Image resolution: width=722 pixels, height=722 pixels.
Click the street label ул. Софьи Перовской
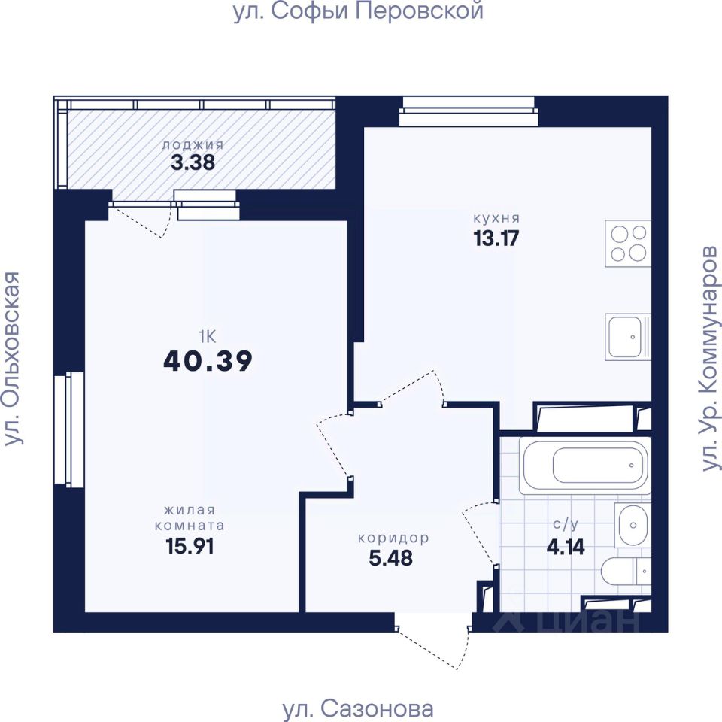[x=358, y=11]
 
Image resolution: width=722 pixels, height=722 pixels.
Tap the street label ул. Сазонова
[x=358, y=709]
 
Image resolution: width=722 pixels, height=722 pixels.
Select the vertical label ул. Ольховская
[x=13, y=358]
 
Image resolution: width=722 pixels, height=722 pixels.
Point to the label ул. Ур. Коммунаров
[x=709, y=358]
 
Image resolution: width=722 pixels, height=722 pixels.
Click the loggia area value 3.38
[x=193, y=162]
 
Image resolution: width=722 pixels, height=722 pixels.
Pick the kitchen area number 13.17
[x=496, y=238]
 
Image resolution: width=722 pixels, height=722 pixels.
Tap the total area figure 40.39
[x=208, y=361]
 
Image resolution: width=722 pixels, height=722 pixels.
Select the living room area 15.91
[x=190, y=546]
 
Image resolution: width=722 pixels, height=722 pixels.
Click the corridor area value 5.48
[x=391, y=558]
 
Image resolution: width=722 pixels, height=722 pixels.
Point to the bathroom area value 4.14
[x=566, y=547]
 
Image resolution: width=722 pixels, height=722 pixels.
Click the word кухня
[x=496, y=218]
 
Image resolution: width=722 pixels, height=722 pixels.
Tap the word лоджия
[x=193, y=144]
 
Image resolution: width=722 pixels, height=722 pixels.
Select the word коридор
[x=393, y=538]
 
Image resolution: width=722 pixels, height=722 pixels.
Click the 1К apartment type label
[x=208, y=337]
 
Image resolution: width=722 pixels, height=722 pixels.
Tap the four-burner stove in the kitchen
[x=627, y=243]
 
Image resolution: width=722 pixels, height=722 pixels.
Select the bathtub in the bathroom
[x=585, y=465]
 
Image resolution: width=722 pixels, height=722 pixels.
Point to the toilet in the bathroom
[x=626, y=572]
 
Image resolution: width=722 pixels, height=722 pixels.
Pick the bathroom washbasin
[x=633, y=525]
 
